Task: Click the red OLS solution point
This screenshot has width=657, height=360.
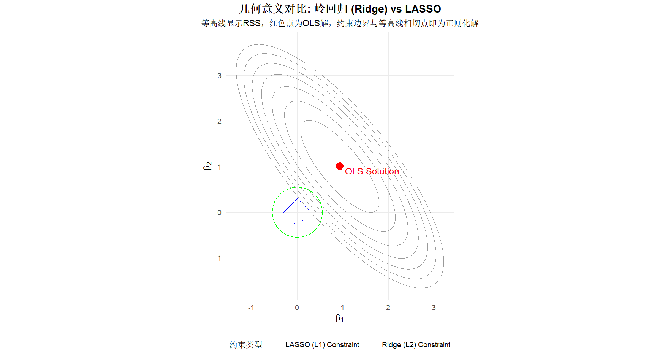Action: (340, 166)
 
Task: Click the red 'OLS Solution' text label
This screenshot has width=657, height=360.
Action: (372, 171)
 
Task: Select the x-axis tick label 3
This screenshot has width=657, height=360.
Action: (434, 308)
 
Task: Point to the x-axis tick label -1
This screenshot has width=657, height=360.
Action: (251, 308)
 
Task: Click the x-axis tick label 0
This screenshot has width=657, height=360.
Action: (297, 308)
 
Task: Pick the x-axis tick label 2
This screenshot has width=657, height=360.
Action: (388, 308)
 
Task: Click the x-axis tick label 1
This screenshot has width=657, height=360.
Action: (342, 308)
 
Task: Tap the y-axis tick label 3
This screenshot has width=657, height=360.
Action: (219, 76)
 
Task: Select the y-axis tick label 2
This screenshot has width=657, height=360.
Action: (219, 121)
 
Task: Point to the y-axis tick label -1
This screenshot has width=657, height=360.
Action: (218, 258)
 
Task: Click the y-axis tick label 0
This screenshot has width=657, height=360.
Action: (219, 213)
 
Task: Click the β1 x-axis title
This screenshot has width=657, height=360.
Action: (339, 318)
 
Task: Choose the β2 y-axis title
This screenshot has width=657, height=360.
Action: (207, 166)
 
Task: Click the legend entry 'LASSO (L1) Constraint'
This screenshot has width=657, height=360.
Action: (322, 344)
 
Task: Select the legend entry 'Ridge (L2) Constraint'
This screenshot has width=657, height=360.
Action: (416, 344)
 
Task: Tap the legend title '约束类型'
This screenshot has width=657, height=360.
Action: (246, 345)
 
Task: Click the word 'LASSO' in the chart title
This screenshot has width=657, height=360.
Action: (423, 9)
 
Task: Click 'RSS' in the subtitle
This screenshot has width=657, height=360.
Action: (252, 24)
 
